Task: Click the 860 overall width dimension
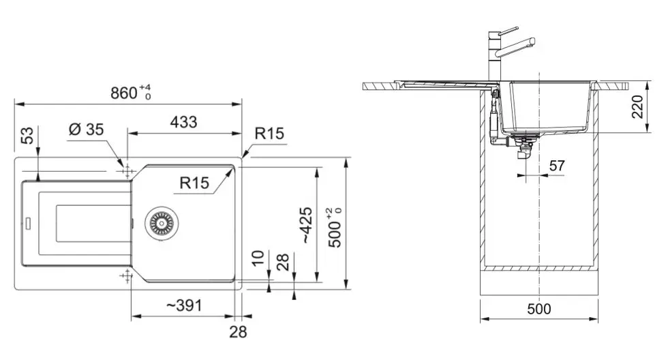(125, 93)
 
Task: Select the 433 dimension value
(183, 122)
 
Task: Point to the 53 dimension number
(28, 136)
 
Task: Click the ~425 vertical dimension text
(307, 225)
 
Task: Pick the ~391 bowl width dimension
(184, 306)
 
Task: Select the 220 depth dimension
(638, 106)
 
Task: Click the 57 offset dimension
(557, 165)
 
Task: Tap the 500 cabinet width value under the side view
(539, 309)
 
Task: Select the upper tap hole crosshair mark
(125, 170)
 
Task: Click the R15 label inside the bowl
(194, 183)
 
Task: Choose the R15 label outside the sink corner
(269, 134)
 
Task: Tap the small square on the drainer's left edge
(29, 222)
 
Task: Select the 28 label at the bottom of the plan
(237, 333)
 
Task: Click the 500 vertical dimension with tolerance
(335, 225)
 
